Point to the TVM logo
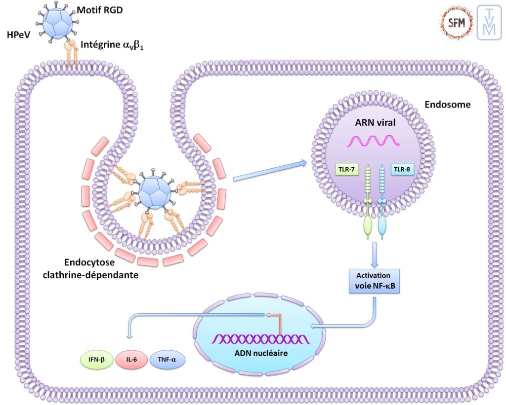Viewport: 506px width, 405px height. [489, 23]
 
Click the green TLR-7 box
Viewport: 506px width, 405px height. [346, 169]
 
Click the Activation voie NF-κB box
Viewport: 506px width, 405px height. [374, 281]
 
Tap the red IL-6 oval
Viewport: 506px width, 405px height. [131, 360]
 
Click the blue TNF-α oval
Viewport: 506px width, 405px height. [167, 360]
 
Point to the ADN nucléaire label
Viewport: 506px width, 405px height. [261, 353]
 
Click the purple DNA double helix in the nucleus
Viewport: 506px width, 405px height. [261, 339]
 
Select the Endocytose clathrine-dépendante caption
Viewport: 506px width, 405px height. [101, 269]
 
